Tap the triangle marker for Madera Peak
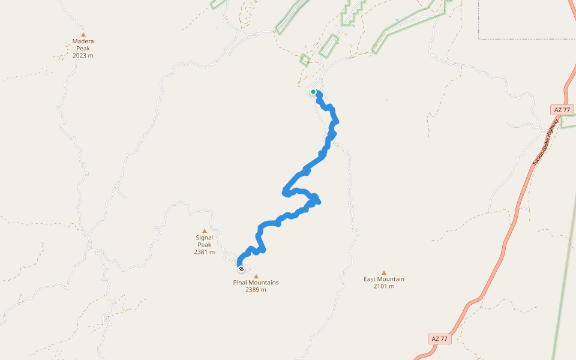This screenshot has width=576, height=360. pos(83,35)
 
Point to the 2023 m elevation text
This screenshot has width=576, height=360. pos(83,56)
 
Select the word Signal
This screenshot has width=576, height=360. pos(204,238)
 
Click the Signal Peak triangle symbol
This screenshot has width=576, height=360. pos(204,231)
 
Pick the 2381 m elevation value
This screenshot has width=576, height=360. pos(204,252)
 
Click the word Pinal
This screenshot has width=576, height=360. pos(241,283)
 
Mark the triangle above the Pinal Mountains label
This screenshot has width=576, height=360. pos(256,276)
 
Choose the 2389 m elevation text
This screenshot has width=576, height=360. pos(256,290)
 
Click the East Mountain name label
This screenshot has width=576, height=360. pos(384,279)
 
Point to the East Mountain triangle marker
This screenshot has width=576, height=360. pos(384,272)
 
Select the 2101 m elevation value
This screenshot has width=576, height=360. pos(384,286)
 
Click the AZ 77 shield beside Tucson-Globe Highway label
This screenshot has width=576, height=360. pos(562,110)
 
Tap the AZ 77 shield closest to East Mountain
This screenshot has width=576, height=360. pos(440,339)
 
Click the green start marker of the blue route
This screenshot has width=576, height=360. pos(313,92)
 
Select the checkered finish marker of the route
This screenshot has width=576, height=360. pos(241,269)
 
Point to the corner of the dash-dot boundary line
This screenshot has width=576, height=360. pos(479,39)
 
